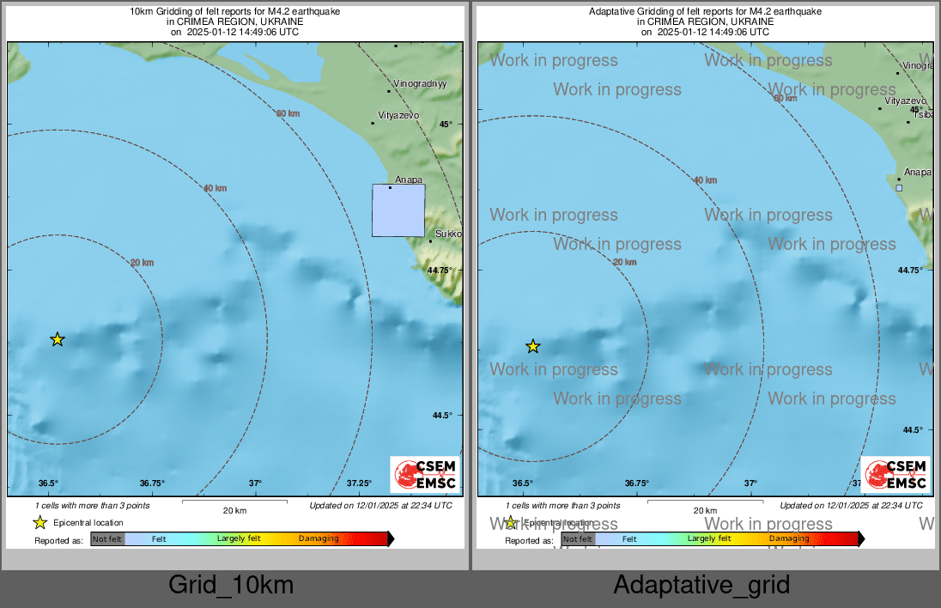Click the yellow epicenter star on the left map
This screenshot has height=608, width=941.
coord(58,340)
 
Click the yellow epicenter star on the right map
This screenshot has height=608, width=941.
coord(533,347)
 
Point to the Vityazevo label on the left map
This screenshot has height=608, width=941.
coord(398,115)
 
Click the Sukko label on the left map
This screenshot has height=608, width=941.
coord(448,234)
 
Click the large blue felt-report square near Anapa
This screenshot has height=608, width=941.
coord(398,210)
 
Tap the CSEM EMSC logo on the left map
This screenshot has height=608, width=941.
coord(425,475)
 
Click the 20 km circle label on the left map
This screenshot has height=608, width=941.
coord(142,263)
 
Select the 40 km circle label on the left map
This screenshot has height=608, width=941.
coord(215,188)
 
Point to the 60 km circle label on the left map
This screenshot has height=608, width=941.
coord(288,113)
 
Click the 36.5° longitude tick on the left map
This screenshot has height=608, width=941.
coord(48,483)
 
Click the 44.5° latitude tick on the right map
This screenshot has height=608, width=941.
coord(911,430)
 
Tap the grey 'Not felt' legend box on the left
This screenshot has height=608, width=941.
coord(107,539)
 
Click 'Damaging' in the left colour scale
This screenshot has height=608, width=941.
coord(319,539)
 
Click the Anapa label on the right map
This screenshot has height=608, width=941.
coord(918,172)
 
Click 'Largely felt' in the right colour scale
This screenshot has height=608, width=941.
coord(709,539)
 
